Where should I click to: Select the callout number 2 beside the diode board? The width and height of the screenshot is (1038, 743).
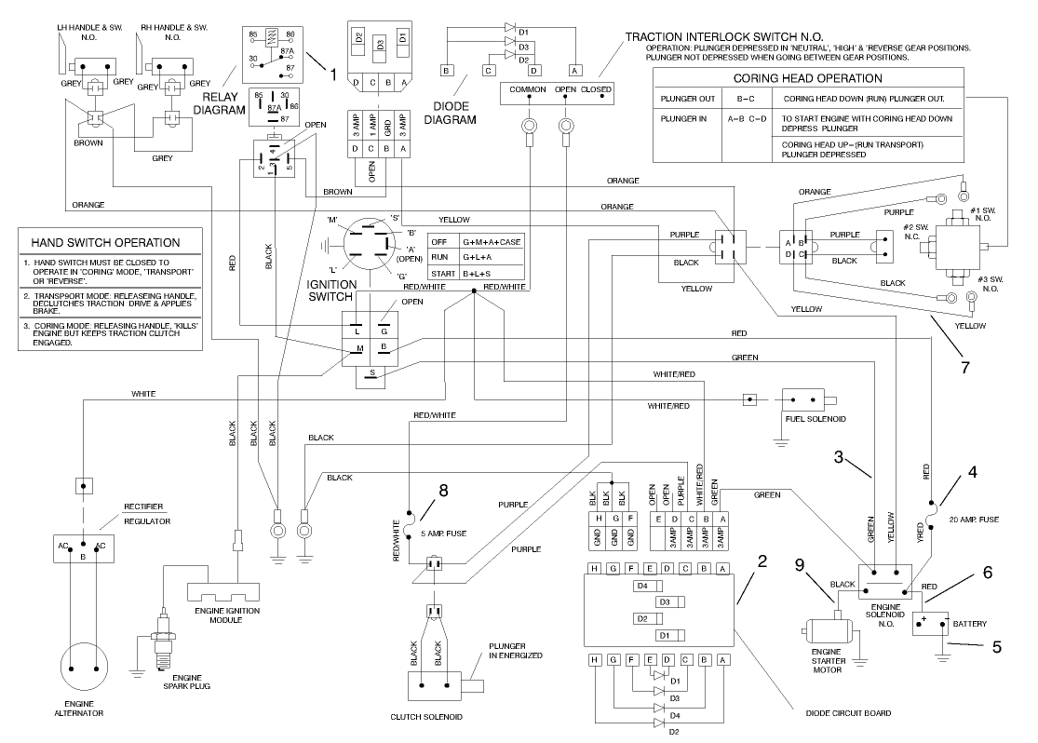tap(762, 561)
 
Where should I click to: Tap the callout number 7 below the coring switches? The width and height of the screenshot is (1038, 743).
tap(965, 367)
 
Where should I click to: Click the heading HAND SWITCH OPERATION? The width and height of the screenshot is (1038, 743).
tap(112, 242)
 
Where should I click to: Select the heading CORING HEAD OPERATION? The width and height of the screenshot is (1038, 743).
tap(807, 78)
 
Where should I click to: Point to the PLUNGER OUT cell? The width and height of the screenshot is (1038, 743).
tap(688, 98)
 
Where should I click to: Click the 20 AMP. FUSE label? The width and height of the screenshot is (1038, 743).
tap(973, 519)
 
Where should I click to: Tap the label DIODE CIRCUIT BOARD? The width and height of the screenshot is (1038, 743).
tap(848, 712)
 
